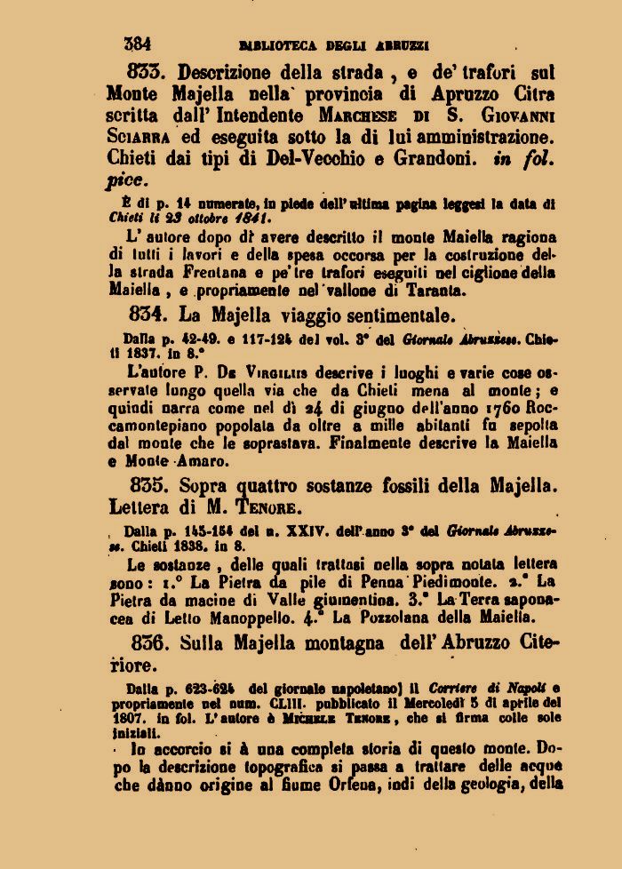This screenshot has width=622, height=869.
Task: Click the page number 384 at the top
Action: (x=138, y=43)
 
